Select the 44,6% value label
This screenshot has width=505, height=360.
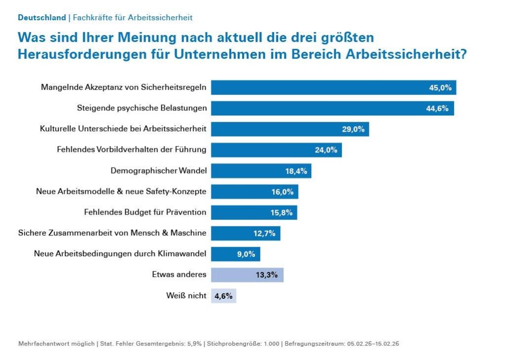(437, 108)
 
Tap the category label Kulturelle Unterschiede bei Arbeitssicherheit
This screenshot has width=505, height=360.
(123, 129)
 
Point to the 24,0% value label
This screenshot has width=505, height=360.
(325, 150)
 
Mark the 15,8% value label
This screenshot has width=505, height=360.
(282, 213)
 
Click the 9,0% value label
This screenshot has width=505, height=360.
(246, 254)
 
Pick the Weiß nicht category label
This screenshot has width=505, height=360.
(186, 296)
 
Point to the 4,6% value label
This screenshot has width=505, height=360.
(223, 296)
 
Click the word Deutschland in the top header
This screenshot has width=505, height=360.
(42, 18)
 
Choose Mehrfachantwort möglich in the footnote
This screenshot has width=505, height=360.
(56, 344)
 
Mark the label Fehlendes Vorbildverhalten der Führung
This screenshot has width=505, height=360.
(132, 150)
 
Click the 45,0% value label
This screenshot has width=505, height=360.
(440, 88)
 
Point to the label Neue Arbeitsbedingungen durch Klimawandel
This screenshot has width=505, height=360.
(120, 254)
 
